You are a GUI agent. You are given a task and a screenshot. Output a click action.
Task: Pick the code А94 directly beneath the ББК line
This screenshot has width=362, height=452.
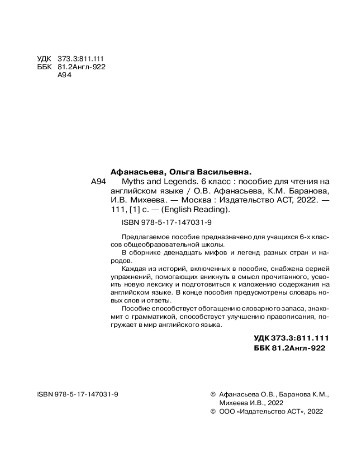coord(65,75)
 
